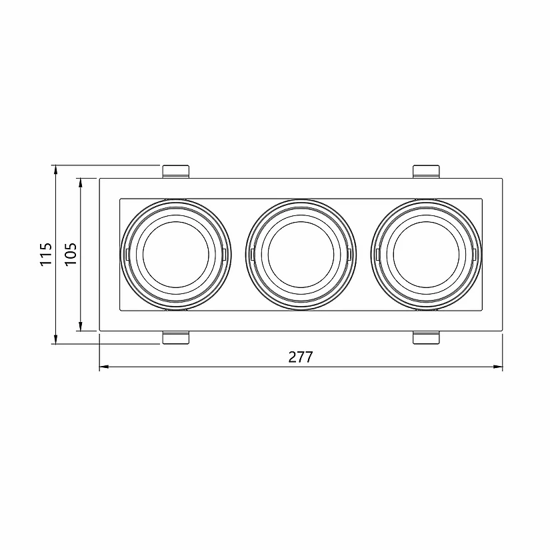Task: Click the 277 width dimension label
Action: point(301,357)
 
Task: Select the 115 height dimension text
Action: point(45,255)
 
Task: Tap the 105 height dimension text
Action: point(71,254)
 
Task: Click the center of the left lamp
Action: point(177,255)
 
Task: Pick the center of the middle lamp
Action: point(301,255)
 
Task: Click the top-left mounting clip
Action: point(177,171)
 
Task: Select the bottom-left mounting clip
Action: point(177,337)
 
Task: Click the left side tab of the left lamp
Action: point(126,254)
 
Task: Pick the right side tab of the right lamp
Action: point(476,254)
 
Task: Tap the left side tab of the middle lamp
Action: point(251,254)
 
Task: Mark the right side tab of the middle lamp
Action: point(351,254)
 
